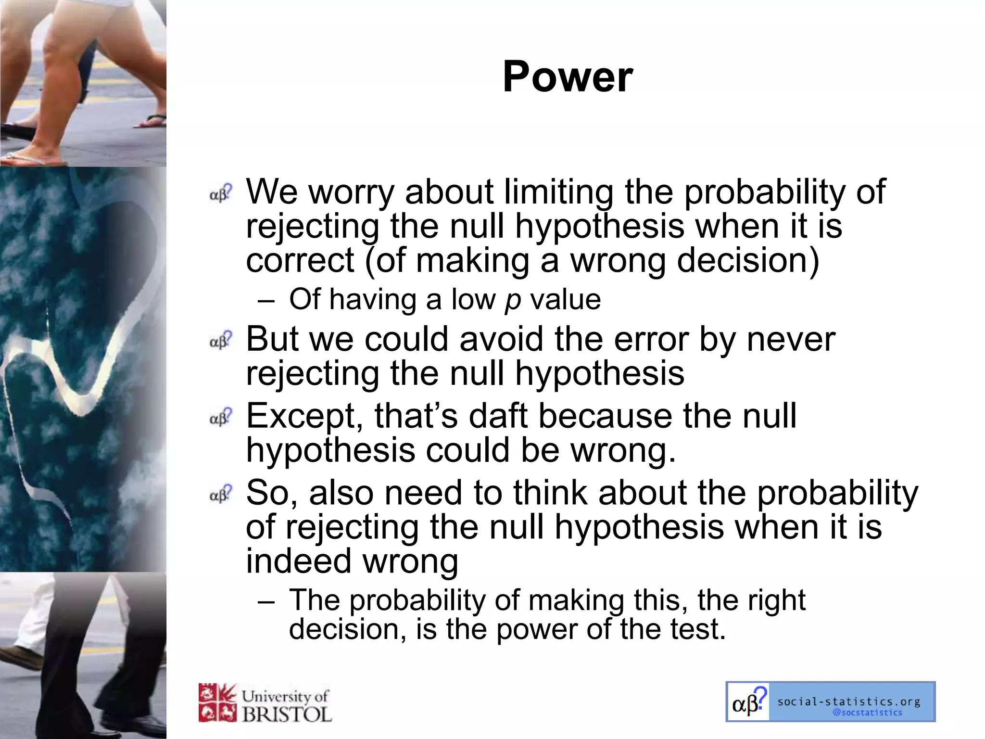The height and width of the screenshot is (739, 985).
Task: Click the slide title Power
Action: pyautogui.click(x=568, y=77)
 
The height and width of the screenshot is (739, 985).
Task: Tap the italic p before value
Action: pyautogui.click(x=513, y=301)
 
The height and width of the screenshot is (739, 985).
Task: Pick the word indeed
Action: pyautogui.click(x=298, y=561)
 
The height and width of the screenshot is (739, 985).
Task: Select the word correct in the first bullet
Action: pyautogui.click(x=300, y=260)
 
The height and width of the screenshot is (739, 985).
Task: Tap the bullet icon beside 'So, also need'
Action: pyautogui.click(x=221, y=494)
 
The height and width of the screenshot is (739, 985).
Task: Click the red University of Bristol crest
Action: pyautogui.click(x=217, y=703)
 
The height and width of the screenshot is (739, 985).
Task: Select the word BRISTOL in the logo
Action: pyautogui.click(x=287, y=714)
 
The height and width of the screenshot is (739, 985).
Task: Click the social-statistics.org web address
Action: pyautogui.click(x=849, y=701)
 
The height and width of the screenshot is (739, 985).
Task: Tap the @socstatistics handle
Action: pyautogui.click(x=867, y=713)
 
